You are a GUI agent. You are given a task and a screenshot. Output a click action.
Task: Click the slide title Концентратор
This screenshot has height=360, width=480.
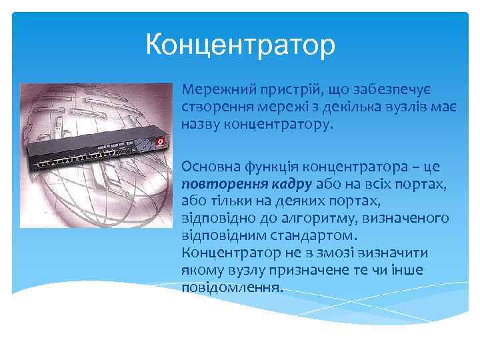241,47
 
